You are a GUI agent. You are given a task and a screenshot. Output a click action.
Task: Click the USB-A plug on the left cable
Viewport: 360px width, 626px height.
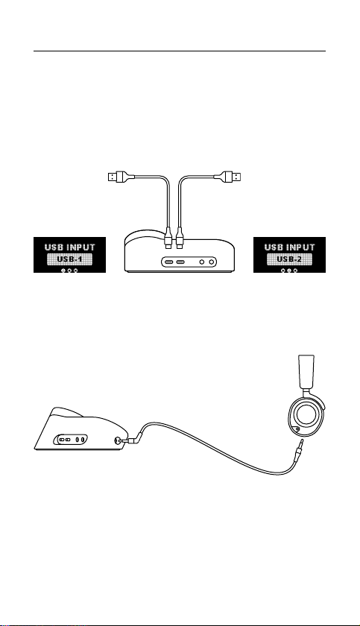119,176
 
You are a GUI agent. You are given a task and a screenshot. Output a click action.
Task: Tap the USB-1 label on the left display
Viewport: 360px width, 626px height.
69,259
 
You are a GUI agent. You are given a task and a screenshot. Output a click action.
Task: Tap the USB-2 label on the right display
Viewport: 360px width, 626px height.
289,259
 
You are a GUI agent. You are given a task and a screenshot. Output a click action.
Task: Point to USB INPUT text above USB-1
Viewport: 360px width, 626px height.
70,247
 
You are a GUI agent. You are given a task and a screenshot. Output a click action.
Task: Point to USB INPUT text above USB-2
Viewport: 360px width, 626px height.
289,247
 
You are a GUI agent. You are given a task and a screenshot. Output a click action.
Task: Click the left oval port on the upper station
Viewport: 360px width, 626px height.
169,262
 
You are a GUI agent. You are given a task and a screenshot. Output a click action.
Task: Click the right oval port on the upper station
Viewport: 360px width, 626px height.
180,262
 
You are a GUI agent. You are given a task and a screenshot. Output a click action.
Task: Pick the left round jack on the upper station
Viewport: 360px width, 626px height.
202,262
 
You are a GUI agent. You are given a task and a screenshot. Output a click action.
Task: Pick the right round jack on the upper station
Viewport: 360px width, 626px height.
212,262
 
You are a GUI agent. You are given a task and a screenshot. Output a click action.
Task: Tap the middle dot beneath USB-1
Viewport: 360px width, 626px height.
69,271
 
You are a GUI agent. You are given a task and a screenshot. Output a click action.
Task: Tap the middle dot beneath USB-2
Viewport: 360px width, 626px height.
289,271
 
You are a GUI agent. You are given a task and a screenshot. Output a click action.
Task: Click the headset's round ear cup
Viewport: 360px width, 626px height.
305,415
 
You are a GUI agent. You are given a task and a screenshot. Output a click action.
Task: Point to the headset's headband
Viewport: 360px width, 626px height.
306,372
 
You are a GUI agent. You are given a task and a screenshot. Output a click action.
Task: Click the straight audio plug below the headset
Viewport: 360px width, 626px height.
299,449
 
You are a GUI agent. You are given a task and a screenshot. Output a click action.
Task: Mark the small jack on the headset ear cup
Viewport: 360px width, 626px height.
297,429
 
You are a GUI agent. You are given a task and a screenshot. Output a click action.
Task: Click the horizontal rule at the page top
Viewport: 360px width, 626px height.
180,51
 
